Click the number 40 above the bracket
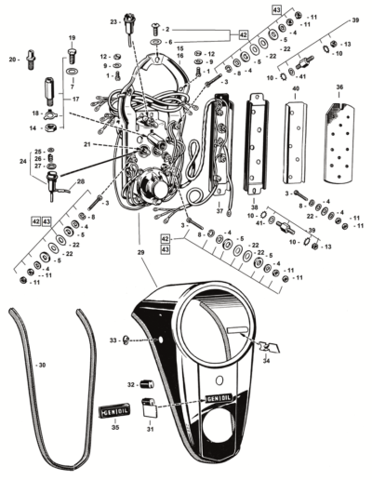pyautogui.click(x=296, y=88)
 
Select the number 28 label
pyautogui.click(x=80, y=182)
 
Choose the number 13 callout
pyautogui.click(x=346, y=44)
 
